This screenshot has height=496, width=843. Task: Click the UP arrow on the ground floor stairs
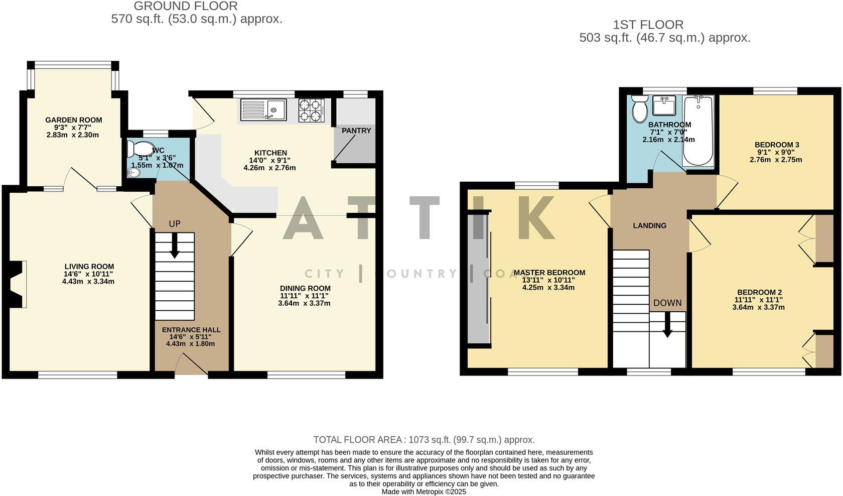click(x=174, y=246)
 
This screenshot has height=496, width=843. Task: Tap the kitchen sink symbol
click(x=263, y=110)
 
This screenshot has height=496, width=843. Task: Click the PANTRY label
click(x=356, y=131)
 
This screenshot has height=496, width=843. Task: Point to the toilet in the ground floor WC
click(x=140, y=150)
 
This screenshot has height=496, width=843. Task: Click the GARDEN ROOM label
click(x=74, y=120)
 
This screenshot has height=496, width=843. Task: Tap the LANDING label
click(x=649, y=226)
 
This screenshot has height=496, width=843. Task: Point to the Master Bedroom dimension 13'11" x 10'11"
click(x=549, y=280)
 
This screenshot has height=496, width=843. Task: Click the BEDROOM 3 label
click(x=777, y=145)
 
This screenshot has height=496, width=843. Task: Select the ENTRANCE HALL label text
click(x=191, y=330)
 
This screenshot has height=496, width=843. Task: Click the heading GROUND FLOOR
click(x=186, y=7)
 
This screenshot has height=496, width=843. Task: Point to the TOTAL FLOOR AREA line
click(x=424, y=440)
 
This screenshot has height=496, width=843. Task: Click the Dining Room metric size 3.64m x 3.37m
click(x=304, y=303)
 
